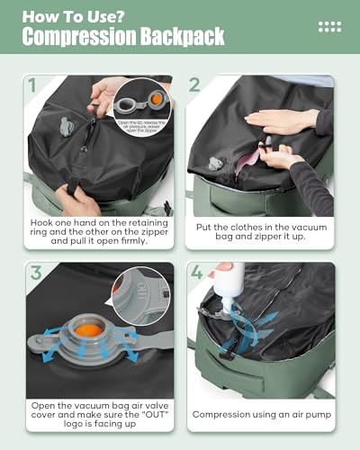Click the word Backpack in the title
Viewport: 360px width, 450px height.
tap(179, 37)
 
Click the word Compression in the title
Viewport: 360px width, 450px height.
tap(76, 37)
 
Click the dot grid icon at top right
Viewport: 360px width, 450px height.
tap(329, 27)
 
